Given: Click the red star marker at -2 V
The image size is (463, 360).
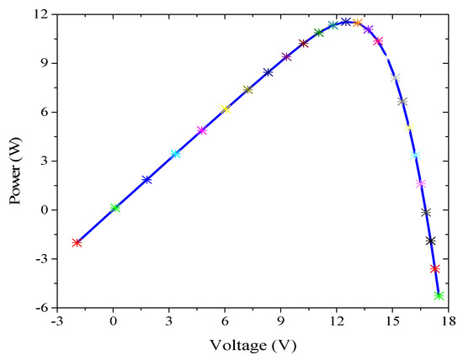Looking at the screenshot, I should click(77, 242).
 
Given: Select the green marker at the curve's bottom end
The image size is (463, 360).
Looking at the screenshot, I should click(439, 295).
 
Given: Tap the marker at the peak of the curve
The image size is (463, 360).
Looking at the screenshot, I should click(346, 22).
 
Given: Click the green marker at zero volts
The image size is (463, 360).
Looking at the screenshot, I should click(115, 207).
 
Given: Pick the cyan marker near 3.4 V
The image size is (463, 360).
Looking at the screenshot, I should click(175, 154).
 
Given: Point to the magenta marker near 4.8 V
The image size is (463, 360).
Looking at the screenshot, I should click(201, 130).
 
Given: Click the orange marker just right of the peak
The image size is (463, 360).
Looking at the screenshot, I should click(359, 24).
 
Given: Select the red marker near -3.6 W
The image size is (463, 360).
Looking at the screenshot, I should click(435, 269).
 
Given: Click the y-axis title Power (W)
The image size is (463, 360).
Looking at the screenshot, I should click(13, 161).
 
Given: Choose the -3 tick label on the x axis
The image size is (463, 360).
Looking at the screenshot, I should click(56, 320).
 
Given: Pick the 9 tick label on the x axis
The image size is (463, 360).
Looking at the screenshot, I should click(281, 320).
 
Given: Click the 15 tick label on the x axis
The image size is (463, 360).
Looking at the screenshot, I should click(392, 320).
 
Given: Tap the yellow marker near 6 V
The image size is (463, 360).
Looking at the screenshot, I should click(225, 109).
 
